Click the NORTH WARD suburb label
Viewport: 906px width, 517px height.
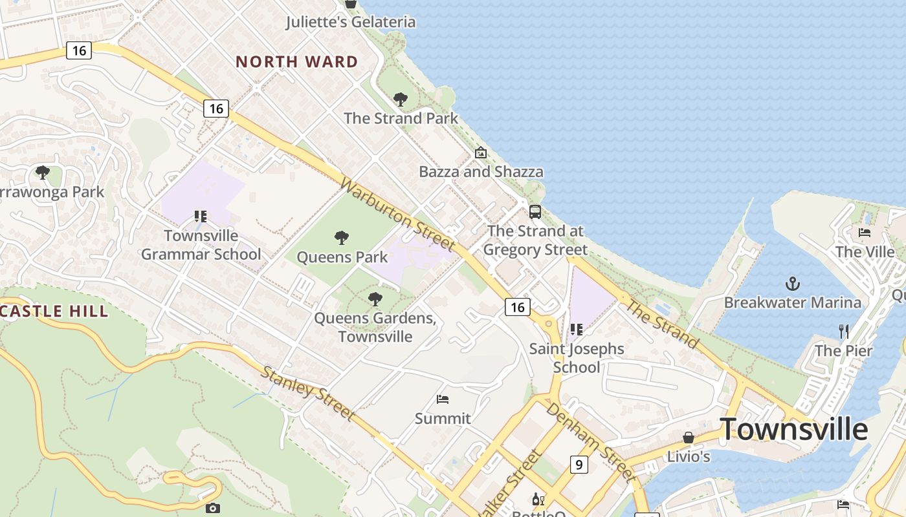click(296, 62)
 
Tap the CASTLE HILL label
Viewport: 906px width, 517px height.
click(54, 311)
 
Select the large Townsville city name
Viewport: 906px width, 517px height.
click(793, 429)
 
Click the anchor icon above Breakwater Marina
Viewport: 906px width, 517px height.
click(792, 284)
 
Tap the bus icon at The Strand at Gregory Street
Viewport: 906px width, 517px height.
click(535, 212)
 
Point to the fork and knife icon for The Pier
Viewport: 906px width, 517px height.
click(843, 332)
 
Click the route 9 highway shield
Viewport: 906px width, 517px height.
click(579, 464)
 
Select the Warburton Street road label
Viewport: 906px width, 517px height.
click(397, 215)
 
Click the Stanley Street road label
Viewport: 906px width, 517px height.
click(307, 393)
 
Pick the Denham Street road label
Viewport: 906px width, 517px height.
click(589, 441)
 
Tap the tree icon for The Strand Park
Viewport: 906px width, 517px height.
click(401, 100)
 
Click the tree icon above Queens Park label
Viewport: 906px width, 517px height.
click(342, 238)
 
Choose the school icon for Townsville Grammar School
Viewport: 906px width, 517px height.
click(201, 216)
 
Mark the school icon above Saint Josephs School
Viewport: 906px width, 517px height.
click(577, 330)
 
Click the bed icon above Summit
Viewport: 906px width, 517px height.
click(443, 399)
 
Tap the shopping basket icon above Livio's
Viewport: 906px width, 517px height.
click(689, 438)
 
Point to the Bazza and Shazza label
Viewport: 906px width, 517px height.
click(481, 172)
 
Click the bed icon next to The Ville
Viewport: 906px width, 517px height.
click(865, 233)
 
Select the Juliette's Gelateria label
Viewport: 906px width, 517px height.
click(351, 22)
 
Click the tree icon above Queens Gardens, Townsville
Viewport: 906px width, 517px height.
click(375, 299)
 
